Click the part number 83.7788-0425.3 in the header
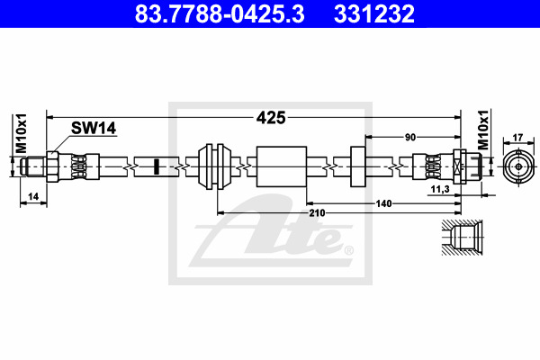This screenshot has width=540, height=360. click(x=220, y=13)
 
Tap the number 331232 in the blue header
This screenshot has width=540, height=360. click(x=374, y=13)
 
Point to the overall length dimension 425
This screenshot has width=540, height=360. click(x=271, y=118)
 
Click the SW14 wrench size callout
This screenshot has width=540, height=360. click(x=94, y=128)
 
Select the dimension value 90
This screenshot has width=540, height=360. click(x=410, y=138)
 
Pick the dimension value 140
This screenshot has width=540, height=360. click(x=383, y=203)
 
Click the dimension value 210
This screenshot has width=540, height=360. click(x=317, y=213)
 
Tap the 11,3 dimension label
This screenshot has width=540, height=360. click(x=440, y=189)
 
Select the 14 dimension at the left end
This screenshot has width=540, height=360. click(x=33, y=197)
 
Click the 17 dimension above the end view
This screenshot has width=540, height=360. click(x=518, y=138)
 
